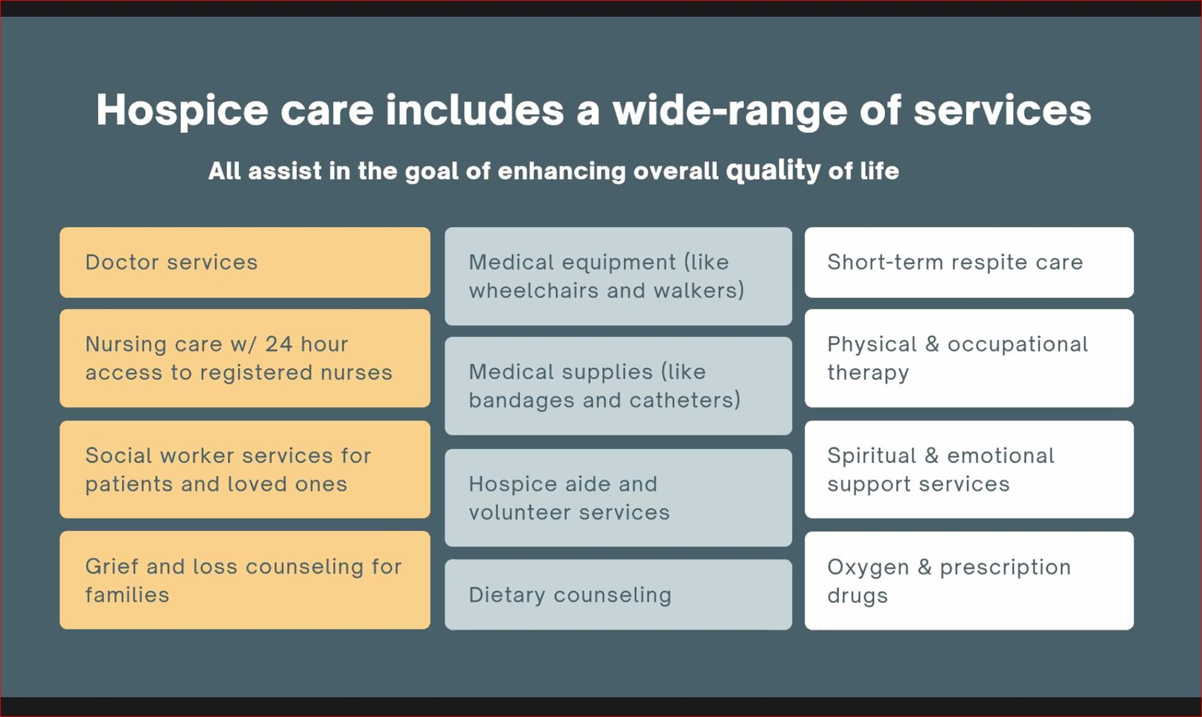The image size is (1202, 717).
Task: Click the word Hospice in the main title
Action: click(x=182, y=111)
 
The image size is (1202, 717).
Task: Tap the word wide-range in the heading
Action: click(x=730, y=111)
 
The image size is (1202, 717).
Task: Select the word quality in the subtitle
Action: click(x=773, y=170)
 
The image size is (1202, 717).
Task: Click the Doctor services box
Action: click(x=245, y=262)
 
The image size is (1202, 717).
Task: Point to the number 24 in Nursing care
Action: click(x=279, y=344)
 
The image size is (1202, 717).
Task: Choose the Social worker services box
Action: click(x=245, y=469)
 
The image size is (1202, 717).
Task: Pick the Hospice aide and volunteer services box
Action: click(x=618, y=498)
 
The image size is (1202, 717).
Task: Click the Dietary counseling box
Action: click(x=618, y=594)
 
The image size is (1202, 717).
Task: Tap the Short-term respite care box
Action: click(x=969, y=262)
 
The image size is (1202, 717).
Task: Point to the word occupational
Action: click(x=1018, y=345)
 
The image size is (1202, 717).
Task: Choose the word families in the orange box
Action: click(x=127, y=595)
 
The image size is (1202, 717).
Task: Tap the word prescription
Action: click(x=1005, y=568)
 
